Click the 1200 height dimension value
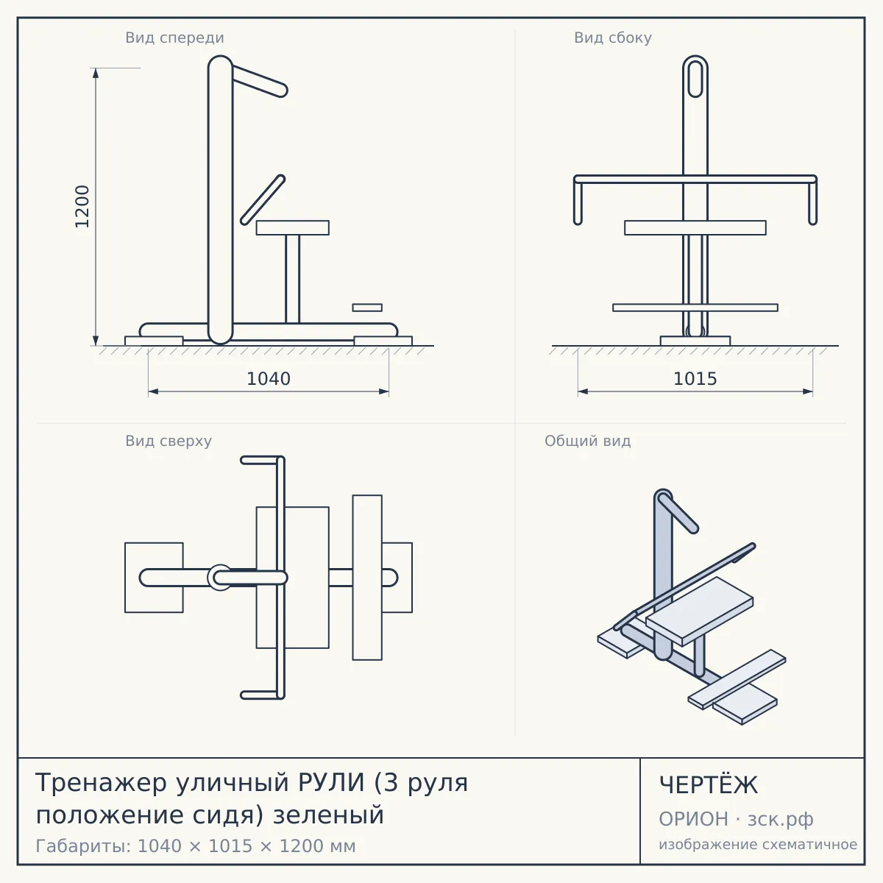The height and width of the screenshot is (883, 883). point(82,206)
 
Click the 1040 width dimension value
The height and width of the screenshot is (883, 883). point(269,379)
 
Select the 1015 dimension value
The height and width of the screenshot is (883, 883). point(695,379)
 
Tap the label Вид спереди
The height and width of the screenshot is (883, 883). point(174,38)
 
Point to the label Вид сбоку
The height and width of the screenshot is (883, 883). point(613,38)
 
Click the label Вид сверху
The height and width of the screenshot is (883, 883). point(169,441)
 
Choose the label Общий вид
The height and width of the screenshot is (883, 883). point(587,441)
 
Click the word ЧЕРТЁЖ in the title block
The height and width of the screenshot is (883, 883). point(709,785)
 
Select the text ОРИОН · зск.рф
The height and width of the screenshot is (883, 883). point(736,819)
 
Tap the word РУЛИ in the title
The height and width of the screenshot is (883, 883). point(331,782)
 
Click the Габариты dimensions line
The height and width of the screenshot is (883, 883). point(196,846)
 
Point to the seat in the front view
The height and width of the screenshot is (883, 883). point(292,227)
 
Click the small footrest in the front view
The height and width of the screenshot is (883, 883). point(367,308)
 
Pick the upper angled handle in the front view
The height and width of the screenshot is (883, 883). point(260,81)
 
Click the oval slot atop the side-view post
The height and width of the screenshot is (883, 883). point(695,79)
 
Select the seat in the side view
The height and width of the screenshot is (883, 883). point(695,227)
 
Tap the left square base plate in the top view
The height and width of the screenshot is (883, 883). point(154,578)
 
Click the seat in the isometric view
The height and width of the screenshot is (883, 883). point(699,610)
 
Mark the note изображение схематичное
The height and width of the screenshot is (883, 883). point(758,845)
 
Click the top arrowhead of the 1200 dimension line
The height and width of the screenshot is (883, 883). point(96,73)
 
